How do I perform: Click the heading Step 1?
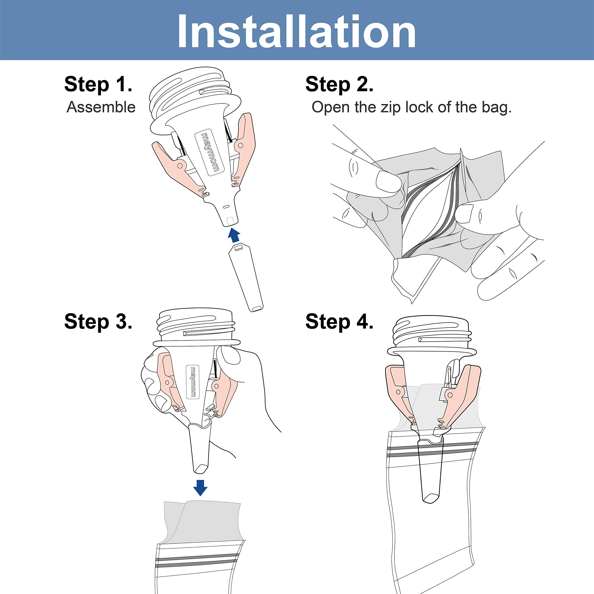point(98,84)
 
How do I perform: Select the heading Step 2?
point(339,84)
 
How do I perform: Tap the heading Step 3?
point(98,321)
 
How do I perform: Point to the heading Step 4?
point(339,321)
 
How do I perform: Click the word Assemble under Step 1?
point(101,107)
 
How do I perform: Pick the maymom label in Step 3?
point(193,382)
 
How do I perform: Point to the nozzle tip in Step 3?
point(200,469)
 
